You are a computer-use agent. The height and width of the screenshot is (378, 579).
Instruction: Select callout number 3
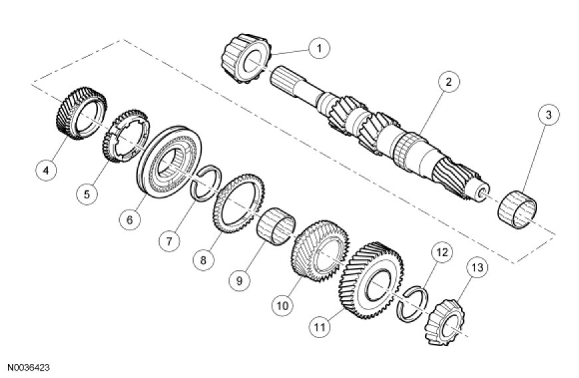point(548,115)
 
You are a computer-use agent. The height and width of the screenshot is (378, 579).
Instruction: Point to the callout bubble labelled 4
point(47,171)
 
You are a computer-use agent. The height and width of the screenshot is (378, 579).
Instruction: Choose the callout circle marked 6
point(129,218)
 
